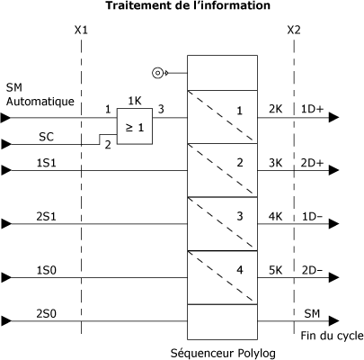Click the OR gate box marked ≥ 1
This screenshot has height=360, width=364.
click(135, 126)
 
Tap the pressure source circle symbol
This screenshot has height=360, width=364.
click(157, 73)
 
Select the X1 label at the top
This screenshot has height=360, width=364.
click(81, 30)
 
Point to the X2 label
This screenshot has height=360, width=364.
click(294, 30)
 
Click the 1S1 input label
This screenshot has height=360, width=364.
click(47, 163)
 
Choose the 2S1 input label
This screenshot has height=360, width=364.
click(47, 216)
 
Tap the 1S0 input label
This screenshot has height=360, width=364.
click(47, 270)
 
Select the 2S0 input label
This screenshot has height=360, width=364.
click(47, 314)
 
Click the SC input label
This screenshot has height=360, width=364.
click(47, 137)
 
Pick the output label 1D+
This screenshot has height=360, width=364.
click(313, 109)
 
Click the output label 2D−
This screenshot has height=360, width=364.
click(312, 270)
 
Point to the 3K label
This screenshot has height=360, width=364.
click(275, 163)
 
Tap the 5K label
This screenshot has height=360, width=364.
click(275, 270)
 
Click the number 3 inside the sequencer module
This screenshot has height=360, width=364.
click(240, 216)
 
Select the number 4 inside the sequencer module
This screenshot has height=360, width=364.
click(240, 270)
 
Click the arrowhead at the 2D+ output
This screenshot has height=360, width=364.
click(334, 170)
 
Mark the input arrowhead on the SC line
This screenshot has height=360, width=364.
click(5, 144)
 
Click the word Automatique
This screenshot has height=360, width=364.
click(40, 102)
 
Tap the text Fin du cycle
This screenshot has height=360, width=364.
click(332, 336)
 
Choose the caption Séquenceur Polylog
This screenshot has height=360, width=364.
click(223, 353)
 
